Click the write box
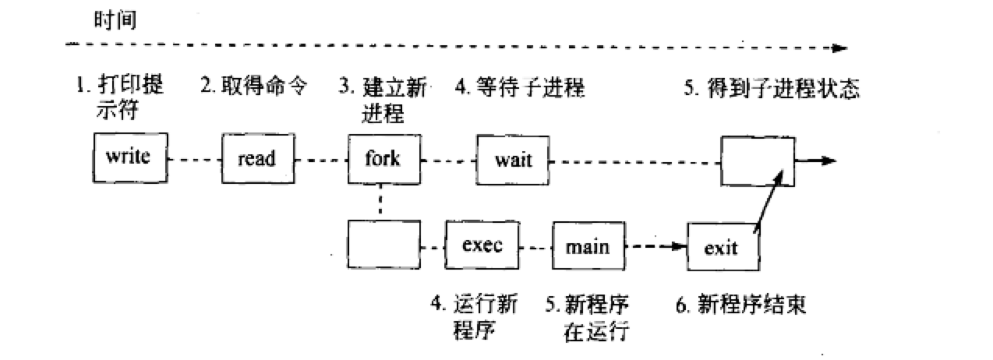pyautogui.click(x=127, y=157)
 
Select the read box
pyautogui.click(x=256, y=159)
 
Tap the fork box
pyautogui.click(x=383, y=158)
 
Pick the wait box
pyautogui.click(x=513, y=161)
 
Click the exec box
pyautogui.click(x=482, y=245)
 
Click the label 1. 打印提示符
pyautogui.click(x=121, y=98)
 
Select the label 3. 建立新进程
pyautogui.click(x=382, y=100)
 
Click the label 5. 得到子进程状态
pyautogui.click(x=772, y=88)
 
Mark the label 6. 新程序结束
pyautogui.click(x=740, y=304)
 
